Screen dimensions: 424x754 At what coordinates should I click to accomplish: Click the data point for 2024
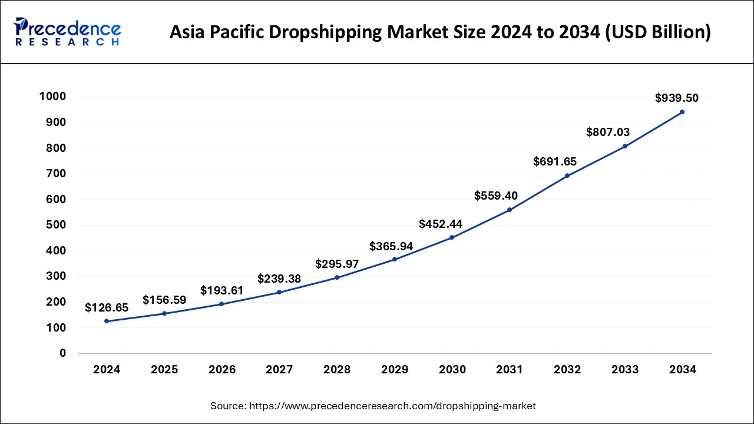tap(107, 321)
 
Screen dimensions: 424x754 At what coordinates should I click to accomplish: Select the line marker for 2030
tap(452, 237)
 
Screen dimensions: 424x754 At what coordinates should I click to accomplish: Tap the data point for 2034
tap(682, 112)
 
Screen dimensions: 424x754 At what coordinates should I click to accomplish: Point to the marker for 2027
tap(279, 292)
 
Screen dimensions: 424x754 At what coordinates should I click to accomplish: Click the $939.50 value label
tap(677, 98)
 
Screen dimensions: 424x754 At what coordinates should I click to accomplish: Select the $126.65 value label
tap(107, 307)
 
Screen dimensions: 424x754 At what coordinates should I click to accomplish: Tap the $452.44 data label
tap(441, 224)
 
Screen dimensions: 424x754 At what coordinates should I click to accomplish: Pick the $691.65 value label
tap(555, 161)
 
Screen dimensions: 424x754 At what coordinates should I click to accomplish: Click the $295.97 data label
tap(337, 264)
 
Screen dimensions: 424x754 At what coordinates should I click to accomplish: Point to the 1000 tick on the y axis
tap(52, 97)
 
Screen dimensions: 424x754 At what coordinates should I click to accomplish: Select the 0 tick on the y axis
tap(62, 353)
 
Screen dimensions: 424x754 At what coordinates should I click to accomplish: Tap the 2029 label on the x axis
tap(395, 370)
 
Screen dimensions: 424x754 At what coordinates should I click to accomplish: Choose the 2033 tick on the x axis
tap(624, 370)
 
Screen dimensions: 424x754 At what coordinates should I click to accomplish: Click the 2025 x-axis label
tap(164, 370)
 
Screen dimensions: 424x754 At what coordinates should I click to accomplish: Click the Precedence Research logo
tap(68, 32)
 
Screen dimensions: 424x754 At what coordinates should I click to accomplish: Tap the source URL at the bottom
tap(393, 406)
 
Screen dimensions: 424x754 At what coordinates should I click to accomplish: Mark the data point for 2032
tap(567, 175)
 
